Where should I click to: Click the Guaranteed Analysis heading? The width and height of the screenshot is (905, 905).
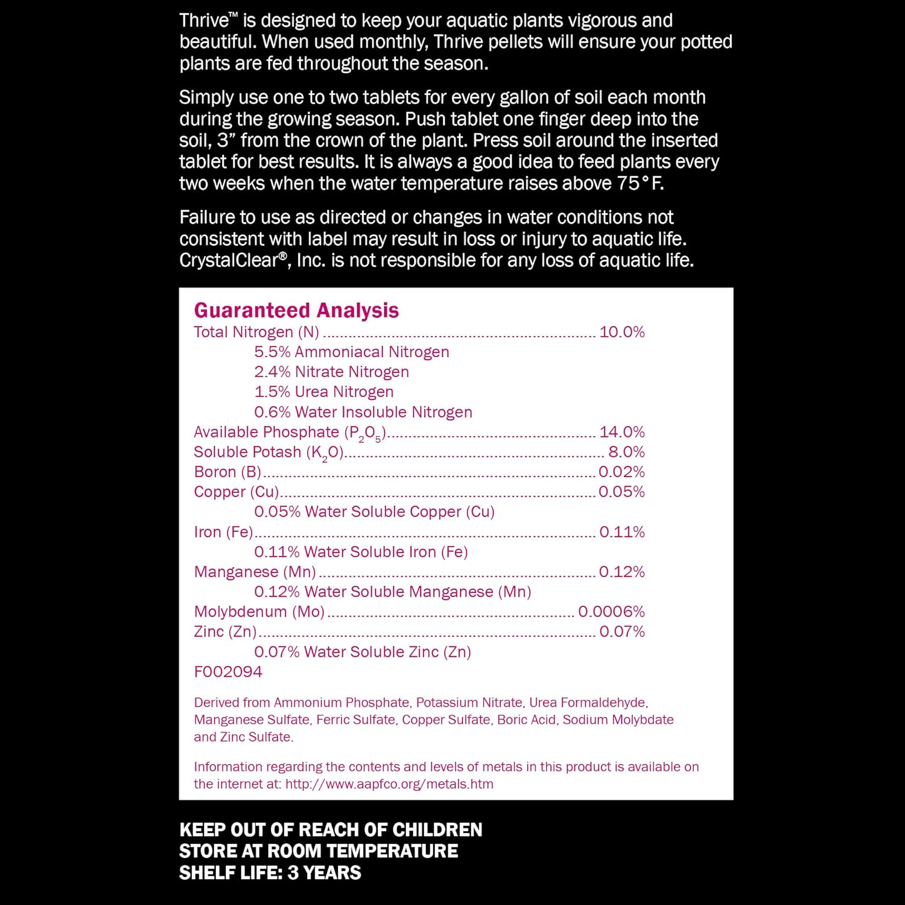pos(296,310)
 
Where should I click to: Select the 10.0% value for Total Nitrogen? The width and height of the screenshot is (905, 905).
pos(621,332)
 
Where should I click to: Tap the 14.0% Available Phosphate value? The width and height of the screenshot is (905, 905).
pos(621,432)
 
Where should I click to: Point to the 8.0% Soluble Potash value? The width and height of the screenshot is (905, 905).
pos(626,452)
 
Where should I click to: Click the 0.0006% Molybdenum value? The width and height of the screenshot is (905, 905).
pos(611,612)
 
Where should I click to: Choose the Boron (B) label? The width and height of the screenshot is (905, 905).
pos(227,472)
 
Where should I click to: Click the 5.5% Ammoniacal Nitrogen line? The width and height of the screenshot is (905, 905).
pos(351,352)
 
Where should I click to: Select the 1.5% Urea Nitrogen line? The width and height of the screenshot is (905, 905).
pos(323,392)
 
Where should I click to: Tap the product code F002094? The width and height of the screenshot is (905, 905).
pos(228,672)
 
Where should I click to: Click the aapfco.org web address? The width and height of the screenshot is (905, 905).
pos(389,784)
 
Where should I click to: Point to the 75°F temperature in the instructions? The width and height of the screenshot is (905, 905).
pos(640,183)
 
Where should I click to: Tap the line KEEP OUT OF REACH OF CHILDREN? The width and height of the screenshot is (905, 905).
pos(331,830)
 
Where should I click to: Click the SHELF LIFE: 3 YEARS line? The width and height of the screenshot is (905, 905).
pos(270,872)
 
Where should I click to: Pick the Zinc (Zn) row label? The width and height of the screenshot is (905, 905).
pos(225,632)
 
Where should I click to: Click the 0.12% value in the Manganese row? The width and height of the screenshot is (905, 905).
pos(621,572)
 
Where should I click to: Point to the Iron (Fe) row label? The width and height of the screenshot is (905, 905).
pos(223,532)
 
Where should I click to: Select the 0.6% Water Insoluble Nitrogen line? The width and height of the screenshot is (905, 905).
pos(363,412)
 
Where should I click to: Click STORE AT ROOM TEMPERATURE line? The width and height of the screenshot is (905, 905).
pos(319,851)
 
